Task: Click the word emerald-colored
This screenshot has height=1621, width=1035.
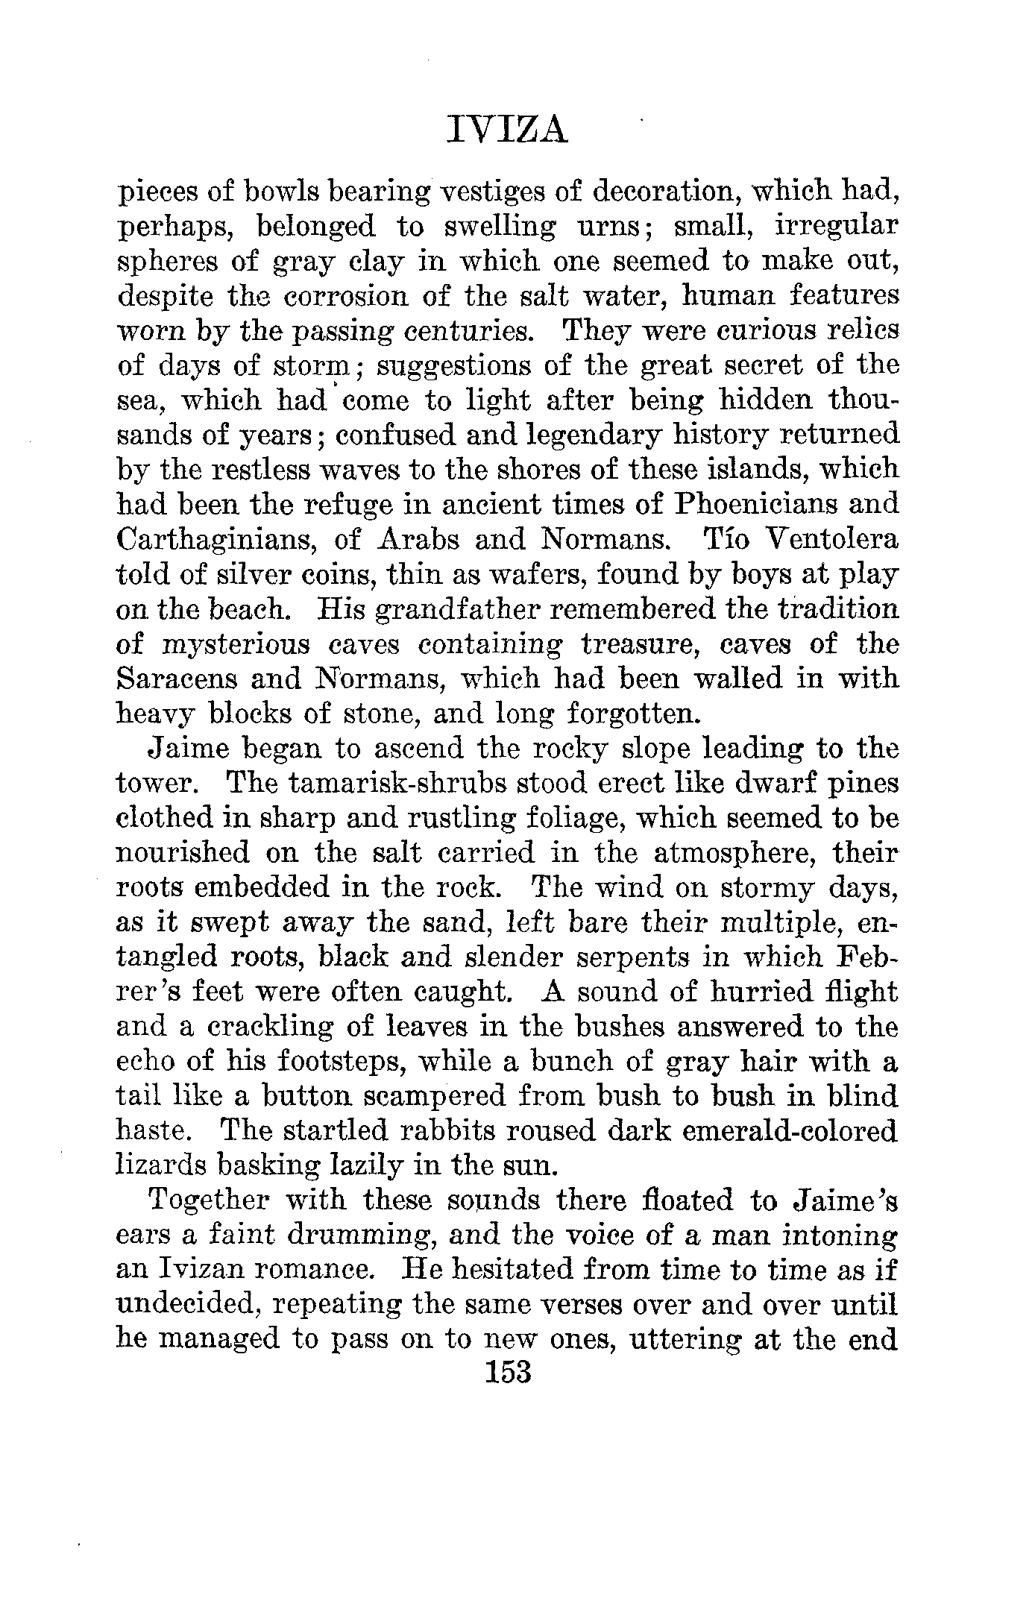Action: [x=781, y=1130]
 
